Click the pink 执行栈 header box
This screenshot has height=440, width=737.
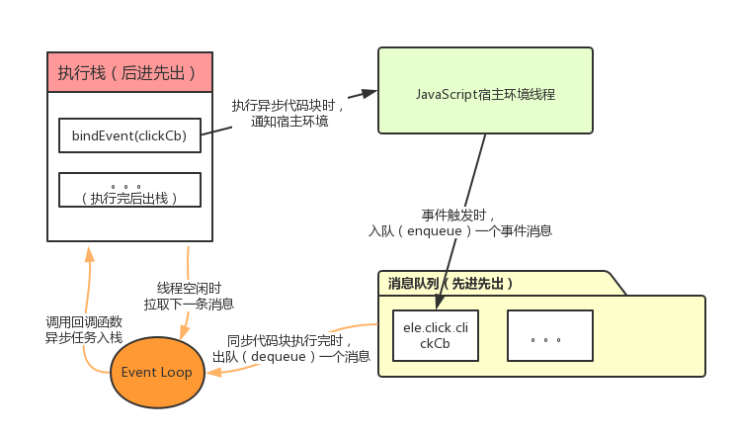130,72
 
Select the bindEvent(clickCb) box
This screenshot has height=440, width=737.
129,135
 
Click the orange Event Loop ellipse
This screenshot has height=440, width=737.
157,372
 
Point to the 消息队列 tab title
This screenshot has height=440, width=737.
450,283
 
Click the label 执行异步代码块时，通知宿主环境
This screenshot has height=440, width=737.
289,113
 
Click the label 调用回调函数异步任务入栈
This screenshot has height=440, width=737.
84,329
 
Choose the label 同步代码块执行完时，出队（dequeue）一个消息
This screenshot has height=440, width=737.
291,347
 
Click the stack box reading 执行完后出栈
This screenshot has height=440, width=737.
129,191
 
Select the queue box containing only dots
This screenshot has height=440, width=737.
549,335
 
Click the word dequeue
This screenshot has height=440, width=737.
291,355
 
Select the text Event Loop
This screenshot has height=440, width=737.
157,372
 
